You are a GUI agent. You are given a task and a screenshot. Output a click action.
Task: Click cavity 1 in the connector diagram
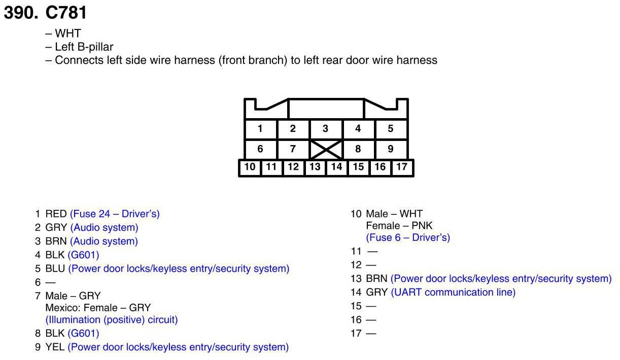pos(260,129)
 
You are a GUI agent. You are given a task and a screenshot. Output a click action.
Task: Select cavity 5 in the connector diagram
pos(390,129)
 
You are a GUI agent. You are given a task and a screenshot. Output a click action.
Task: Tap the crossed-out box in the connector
pos(325,150)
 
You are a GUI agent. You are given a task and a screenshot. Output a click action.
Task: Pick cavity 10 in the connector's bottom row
pos(250,167)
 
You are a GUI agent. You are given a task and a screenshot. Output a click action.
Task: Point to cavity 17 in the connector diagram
pos(402,167)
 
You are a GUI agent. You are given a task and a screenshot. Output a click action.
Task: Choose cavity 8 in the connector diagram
pos(358,150)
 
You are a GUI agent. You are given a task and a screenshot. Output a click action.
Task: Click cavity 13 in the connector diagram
pos(315,167)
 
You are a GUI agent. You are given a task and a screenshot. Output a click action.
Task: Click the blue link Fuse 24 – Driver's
pos(115,214)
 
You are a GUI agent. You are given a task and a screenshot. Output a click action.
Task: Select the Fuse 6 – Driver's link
pos(408,237)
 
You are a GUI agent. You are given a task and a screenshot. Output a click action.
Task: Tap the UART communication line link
pos(453,292)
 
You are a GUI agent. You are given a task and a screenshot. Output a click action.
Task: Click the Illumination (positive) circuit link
pos(112,320)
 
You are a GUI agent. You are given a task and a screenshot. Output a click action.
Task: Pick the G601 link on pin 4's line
pos(83,255)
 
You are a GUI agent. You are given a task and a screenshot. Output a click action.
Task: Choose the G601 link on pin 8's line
pos(83,334)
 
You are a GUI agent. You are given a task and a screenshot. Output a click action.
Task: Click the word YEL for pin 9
pos(55,347)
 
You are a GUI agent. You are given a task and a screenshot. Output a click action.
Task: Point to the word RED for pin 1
pos(56,214)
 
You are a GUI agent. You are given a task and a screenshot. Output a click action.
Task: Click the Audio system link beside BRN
pos(104,241)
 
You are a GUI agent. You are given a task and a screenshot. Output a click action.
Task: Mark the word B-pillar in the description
pos(95,47)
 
